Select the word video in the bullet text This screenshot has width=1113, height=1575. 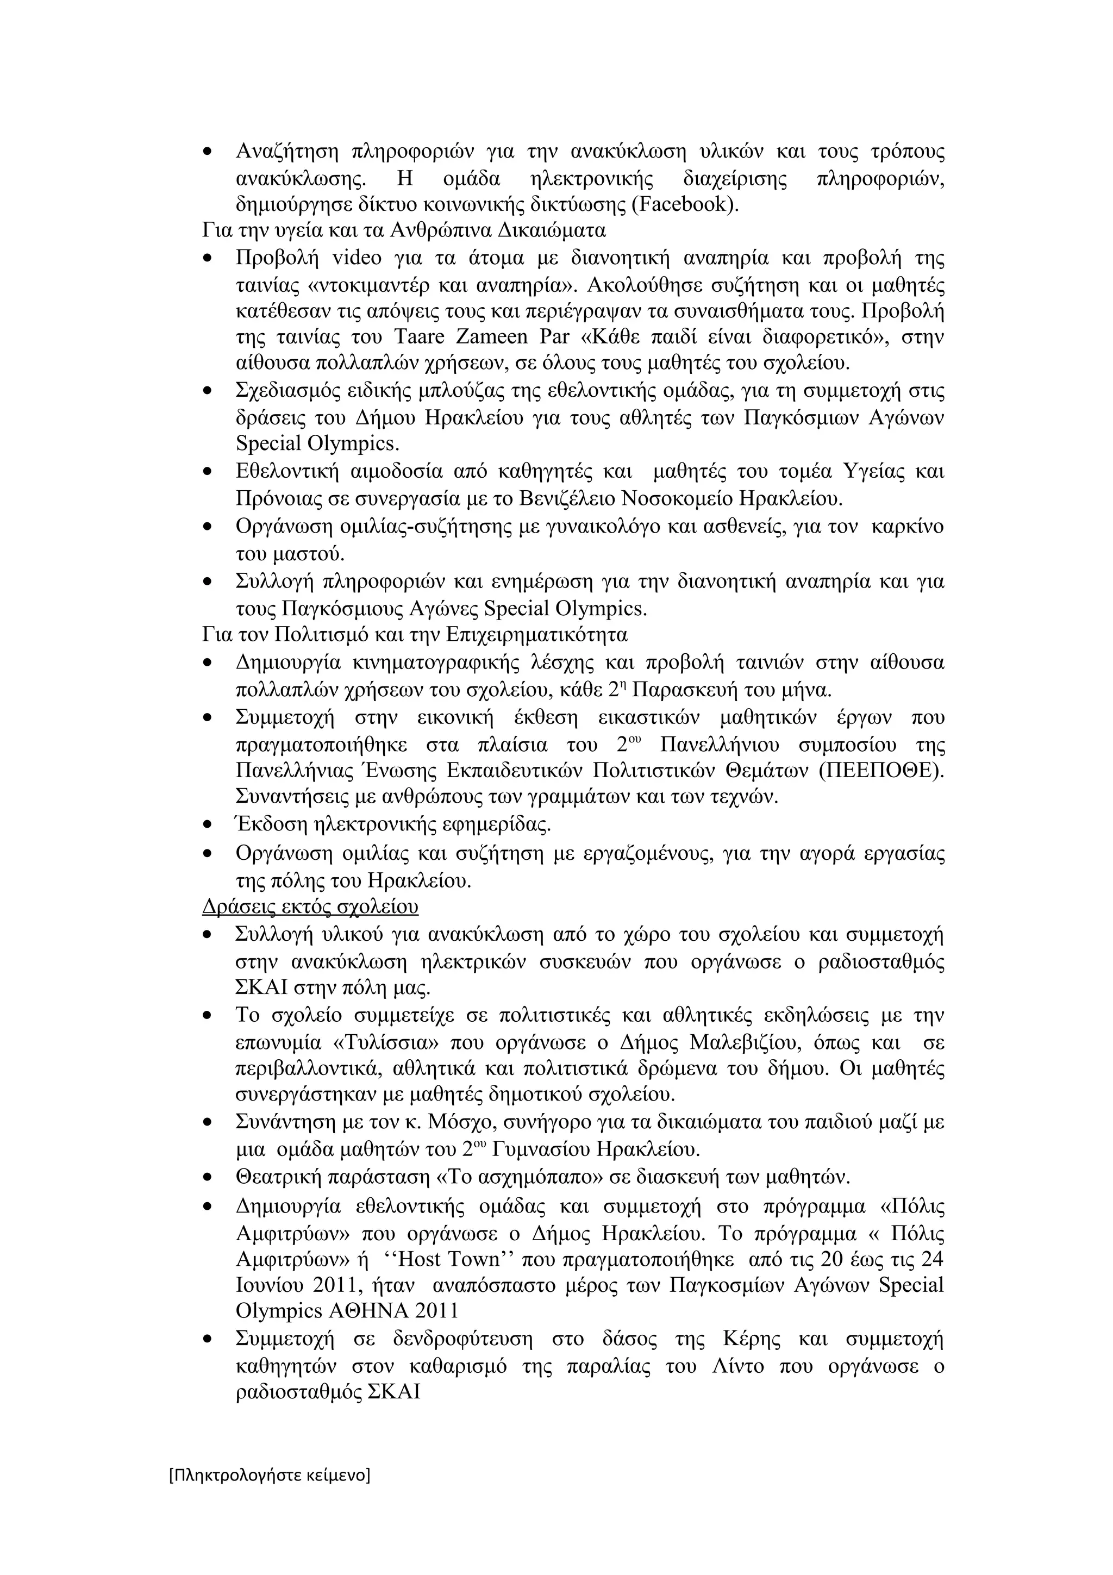357,258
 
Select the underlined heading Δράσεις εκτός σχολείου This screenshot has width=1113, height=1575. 310,907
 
